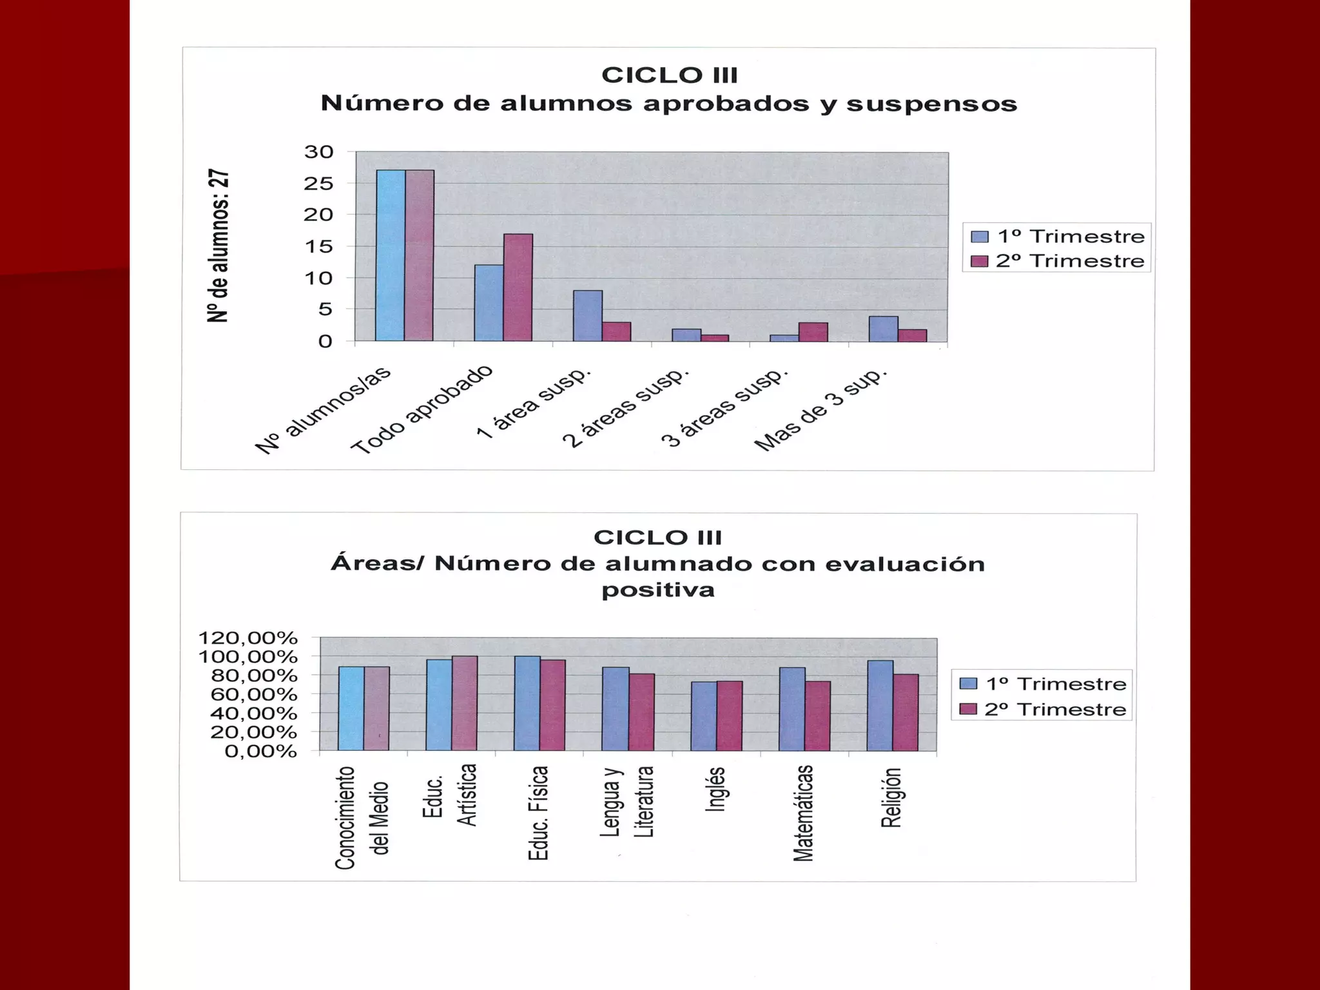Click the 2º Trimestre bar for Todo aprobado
click(x=518, y=287)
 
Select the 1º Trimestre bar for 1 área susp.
click(x=588, y=316)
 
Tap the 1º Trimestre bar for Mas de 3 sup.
click(x=883, y=329)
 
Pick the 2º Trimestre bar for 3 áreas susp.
click(x=813, y=331)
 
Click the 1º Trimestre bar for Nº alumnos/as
click(x=391, y=255)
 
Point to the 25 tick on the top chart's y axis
click(x=319, y=184)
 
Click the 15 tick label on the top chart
click(x=319, y=247)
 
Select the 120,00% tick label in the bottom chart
click(x=248, y=638)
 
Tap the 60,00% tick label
click(x=254, y=695)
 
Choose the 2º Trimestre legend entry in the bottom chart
click(x=1043, y=709)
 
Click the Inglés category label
click(x=715, y=789)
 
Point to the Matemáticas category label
click(x=803, y=813)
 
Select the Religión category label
click(x=891, y=798)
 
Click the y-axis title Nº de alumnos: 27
click(x=218, y=246)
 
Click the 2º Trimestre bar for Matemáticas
click(x=817, y=715)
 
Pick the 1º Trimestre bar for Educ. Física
click(x=527, y=703)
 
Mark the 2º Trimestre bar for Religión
click(x=906, y=712)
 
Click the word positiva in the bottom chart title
click(x=658, y=590)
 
